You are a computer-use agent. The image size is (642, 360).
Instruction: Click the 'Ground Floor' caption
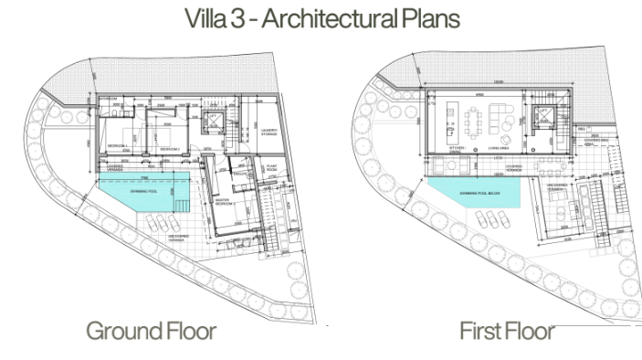pos(151,330)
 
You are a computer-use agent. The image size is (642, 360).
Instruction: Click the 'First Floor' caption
pos(506,330)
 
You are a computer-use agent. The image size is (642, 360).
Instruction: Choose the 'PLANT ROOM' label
pos(272,168)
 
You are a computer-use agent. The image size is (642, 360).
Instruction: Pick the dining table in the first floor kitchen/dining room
pos(475,118)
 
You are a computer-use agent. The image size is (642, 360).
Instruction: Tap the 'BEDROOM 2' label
pos(168,147)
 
